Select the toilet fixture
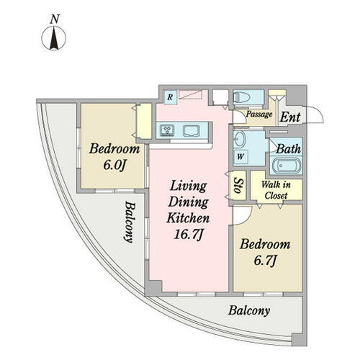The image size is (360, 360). pos(241,99)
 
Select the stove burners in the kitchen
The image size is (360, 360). pos(167,130)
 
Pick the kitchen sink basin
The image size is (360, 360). pos(192,130)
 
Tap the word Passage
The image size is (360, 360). pos(258,114)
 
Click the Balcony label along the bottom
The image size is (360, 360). pos(249,312)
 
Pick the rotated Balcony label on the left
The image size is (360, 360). pos(127,222)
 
